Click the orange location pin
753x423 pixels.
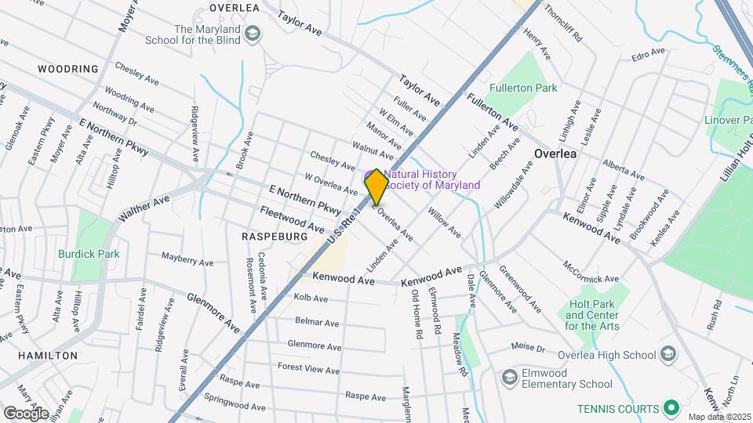click(x=377, y=186)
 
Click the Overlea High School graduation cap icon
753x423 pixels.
click(x=668, y=354)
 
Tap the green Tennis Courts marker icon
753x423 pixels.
click(x=671, y=408)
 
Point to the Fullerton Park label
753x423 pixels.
click(x=523, y=88)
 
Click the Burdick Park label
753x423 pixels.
click(x=88, y=254)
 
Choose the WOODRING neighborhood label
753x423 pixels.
click(x=68, y=69)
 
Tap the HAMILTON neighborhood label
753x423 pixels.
click(x=49, y=355)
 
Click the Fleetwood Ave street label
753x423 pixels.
click(x=292, y=219)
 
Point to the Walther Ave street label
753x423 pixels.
click(x=144, y=208)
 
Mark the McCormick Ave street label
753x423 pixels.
click(x=591, y=271)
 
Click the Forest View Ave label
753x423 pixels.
click(x=308, y=368)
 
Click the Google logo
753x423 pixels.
click(x=26, y=413)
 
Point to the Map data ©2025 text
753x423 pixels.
click(x=719, y=417)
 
